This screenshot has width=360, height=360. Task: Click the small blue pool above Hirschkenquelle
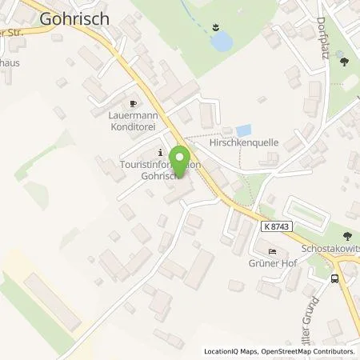click(243, 129)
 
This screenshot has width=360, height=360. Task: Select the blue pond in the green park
click(221, 39)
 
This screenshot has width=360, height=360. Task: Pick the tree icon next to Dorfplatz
click(343, 60)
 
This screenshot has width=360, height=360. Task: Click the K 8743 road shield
click(274, 228)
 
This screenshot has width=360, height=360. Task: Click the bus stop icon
click(335, 279)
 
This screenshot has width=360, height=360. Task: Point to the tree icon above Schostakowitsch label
click(347, 237)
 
